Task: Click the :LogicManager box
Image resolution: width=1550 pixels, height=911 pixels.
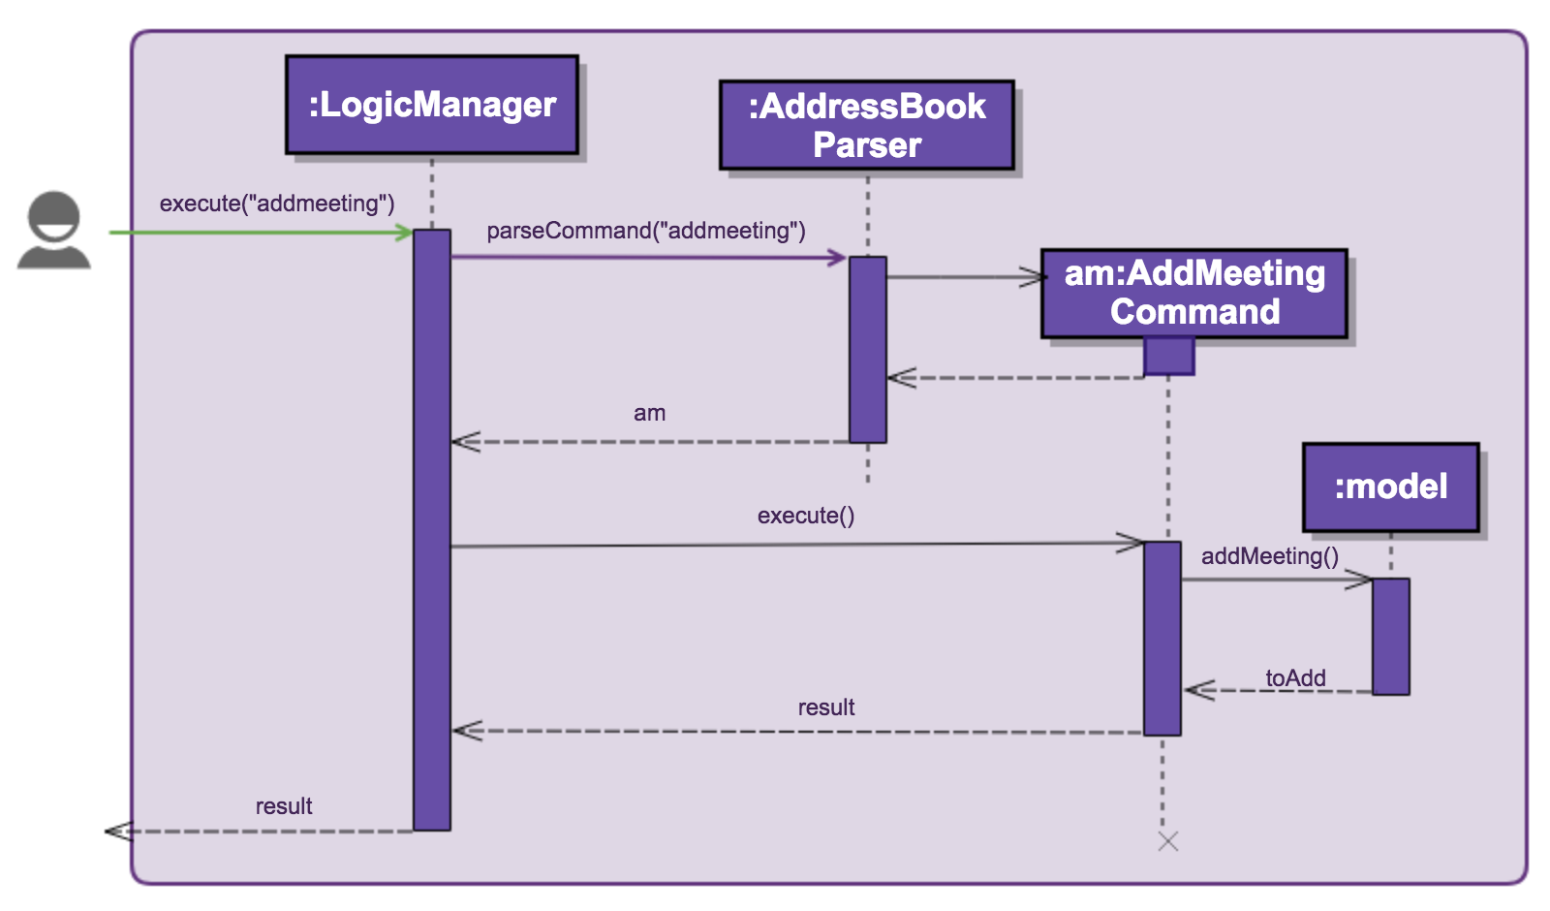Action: [432, 105]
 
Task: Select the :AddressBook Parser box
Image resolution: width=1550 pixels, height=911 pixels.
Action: [867, 125]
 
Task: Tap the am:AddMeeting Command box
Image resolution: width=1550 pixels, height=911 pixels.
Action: [1194, 293]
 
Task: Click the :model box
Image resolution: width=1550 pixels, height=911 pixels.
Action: [1391, 487]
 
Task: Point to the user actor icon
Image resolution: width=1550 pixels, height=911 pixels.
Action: [54, 231]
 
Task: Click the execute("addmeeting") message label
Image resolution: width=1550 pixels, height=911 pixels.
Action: [277, 204]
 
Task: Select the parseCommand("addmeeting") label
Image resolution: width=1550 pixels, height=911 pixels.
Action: [646, 231]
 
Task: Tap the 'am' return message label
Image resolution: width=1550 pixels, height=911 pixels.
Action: [649, 413]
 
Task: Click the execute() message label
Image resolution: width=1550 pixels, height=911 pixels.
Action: [806, 516]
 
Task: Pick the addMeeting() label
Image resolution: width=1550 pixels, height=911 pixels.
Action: [1270, 556]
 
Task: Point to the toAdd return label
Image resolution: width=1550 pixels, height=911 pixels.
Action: [1295, 678]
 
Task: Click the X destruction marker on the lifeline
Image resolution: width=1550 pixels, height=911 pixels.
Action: [1168, 841]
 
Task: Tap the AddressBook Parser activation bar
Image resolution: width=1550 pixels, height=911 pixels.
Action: [868, 349]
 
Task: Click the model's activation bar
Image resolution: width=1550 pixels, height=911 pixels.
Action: [1391, 636]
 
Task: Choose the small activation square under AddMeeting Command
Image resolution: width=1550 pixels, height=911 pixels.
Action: [1168, 356]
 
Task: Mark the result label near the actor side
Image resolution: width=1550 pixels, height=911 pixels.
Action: [284, 806]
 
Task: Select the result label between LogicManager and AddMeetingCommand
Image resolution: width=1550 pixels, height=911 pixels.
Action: [826, 707]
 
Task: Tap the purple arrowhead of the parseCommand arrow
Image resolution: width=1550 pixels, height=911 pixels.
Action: [837, 257]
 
